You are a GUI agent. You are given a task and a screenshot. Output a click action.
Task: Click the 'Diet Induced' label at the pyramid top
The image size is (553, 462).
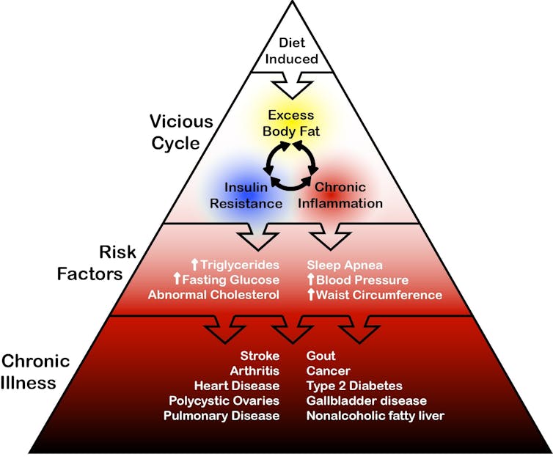(291, 51)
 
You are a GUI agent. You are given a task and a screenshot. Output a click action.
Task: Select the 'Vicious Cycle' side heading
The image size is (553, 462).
(181, 131)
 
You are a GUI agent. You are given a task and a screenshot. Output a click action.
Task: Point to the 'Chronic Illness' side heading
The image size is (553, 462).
(35, 372)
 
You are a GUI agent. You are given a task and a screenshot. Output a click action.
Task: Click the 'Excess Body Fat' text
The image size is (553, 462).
(290, 122)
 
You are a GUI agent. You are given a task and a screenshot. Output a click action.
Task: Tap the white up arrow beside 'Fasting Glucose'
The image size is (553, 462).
(177, 279)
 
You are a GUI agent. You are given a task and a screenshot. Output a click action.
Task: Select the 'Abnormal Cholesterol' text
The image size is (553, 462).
(213, 295)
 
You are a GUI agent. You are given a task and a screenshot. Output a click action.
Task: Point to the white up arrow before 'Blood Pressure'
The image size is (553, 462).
(311, 279)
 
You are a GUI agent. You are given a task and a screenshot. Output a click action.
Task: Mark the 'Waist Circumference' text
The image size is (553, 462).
(379, 295)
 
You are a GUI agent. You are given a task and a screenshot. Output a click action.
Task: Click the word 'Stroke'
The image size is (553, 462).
(260, 356)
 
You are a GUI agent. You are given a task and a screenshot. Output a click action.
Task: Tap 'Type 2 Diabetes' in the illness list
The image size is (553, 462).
(354, 386)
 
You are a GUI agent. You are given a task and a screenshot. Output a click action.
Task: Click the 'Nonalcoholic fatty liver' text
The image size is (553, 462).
(375, 416)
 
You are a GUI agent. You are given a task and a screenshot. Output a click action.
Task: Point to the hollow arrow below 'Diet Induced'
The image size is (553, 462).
(290, 85)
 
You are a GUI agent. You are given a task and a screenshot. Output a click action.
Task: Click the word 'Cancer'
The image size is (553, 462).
(328, 371)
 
